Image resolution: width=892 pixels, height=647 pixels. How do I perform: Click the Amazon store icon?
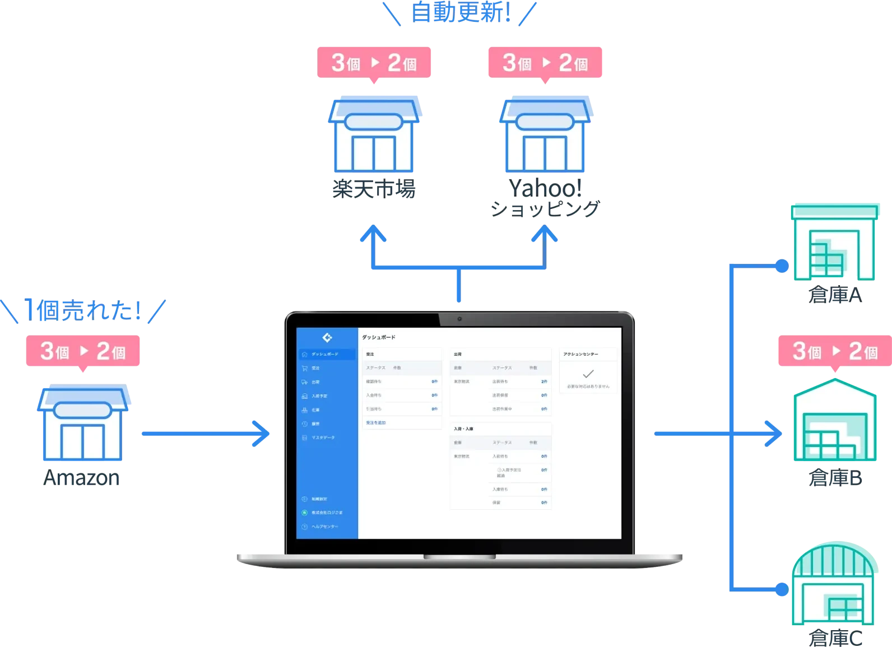coord(83,423)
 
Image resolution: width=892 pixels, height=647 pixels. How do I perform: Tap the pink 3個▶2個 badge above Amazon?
coord(83,352)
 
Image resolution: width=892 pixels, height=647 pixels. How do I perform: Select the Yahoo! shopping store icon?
coord(545,137)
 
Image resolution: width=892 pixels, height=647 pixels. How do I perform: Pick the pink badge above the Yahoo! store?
coord(545,63)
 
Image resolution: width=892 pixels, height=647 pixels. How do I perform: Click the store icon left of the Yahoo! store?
coord(374,137)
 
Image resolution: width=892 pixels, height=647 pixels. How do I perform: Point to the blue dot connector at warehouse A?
coord(782,266)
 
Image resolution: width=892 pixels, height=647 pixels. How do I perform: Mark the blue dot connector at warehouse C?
coord(782,589)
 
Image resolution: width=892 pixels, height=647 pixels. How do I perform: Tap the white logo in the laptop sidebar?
coord(327,337)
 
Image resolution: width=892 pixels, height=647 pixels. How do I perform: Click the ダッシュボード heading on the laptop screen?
coord(379,337)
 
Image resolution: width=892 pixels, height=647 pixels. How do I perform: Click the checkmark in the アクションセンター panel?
coord(588,374)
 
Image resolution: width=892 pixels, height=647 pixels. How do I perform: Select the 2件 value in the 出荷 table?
coord(543,381)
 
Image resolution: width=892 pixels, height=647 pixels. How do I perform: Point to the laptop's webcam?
coord(459,319)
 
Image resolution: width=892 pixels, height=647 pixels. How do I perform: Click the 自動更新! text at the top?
coord(461,12)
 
